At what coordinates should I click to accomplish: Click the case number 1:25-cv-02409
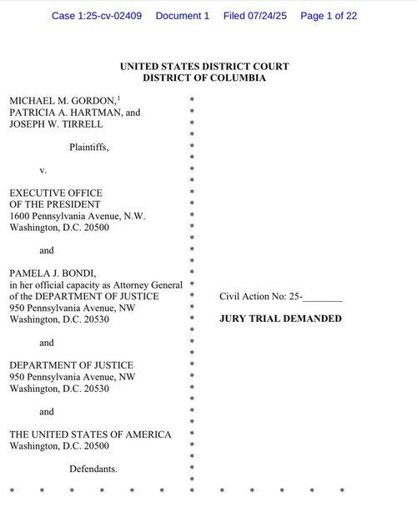(110, 16)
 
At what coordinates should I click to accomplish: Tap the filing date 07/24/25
(267, 16)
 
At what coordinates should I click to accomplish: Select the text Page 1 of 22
(329, 16)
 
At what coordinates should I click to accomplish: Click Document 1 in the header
(183, 16)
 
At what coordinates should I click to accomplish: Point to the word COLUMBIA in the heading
(238, 78)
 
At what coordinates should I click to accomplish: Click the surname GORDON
(93, 101)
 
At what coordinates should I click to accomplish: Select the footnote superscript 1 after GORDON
(118, 98)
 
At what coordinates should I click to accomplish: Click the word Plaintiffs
(89, 147)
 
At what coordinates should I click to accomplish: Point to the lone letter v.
(43, 170)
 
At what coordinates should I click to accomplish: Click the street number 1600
(19, 216)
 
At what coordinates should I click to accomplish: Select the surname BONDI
(79, 274)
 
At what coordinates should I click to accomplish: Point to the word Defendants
(93, 469)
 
